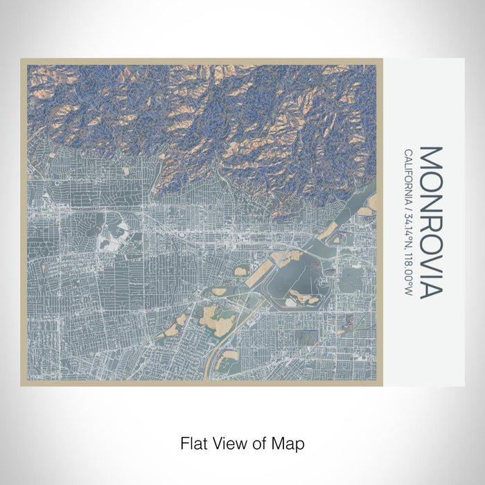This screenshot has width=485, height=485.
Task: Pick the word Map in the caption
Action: click(x=287, y=443)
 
